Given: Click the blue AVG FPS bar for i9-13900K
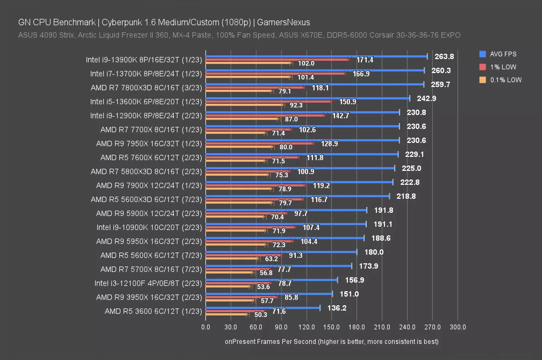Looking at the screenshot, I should [x=316, y=56].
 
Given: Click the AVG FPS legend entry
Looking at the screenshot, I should [x=503, y=54].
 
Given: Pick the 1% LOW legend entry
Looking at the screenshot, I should [x=503, y=67].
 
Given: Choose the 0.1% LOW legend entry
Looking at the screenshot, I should [x=506, y=80].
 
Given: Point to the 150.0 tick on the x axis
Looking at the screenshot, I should [x=331, y=327].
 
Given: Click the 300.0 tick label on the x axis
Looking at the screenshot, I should [x=458, y=327].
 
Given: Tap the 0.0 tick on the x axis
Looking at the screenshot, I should [x=206, y=327].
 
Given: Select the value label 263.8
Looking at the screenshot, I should [x=444, y=56].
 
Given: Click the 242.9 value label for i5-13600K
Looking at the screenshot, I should [x=426, y=98].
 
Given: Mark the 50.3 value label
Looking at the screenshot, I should [x=261, y=315].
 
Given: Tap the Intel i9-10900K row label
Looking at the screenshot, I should [x=149, y=227].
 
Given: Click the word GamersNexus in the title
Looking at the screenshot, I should [x=283, y=22].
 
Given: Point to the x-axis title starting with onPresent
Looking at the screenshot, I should [x=331, y=342].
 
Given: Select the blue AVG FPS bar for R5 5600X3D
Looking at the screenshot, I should [x=297, y=196].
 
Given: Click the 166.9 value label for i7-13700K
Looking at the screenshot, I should [x=361, y=74].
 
